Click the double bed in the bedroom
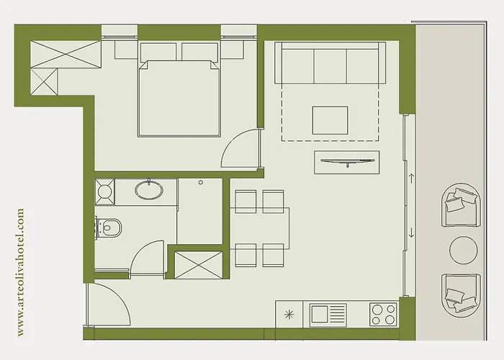179,97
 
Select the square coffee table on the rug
330,120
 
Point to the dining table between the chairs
260,228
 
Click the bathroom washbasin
149,191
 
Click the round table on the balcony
463,249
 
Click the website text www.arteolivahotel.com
20,271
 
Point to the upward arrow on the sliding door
411,176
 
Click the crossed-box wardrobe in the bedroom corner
65,53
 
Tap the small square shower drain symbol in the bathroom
105,192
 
